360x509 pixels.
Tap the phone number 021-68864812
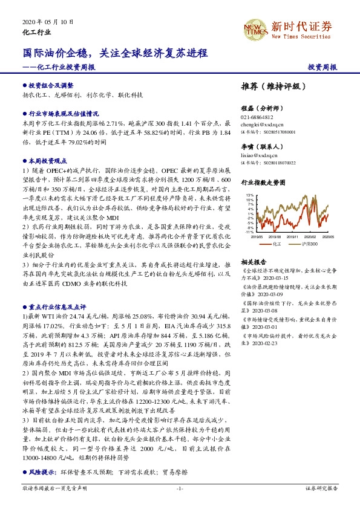coord(257,117)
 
